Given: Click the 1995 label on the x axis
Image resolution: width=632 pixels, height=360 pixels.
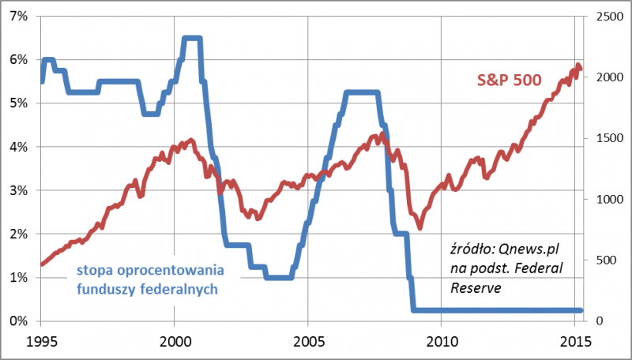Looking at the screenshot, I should (x=40, y=342).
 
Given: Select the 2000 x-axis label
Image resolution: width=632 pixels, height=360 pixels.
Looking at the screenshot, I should (x=174, y=342).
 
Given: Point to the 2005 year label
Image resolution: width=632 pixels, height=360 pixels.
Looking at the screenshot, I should (x=307, y=342).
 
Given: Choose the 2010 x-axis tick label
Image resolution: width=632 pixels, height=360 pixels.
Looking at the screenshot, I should (x=441, y=342).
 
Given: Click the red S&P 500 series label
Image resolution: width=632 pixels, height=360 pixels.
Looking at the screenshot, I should (x=510, y=81).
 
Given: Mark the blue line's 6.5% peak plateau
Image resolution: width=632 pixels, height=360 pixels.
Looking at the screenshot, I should (x=190, y=38).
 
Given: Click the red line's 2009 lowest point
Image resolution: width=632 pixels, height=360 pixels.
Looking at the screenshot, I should (x=419, y=223).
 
